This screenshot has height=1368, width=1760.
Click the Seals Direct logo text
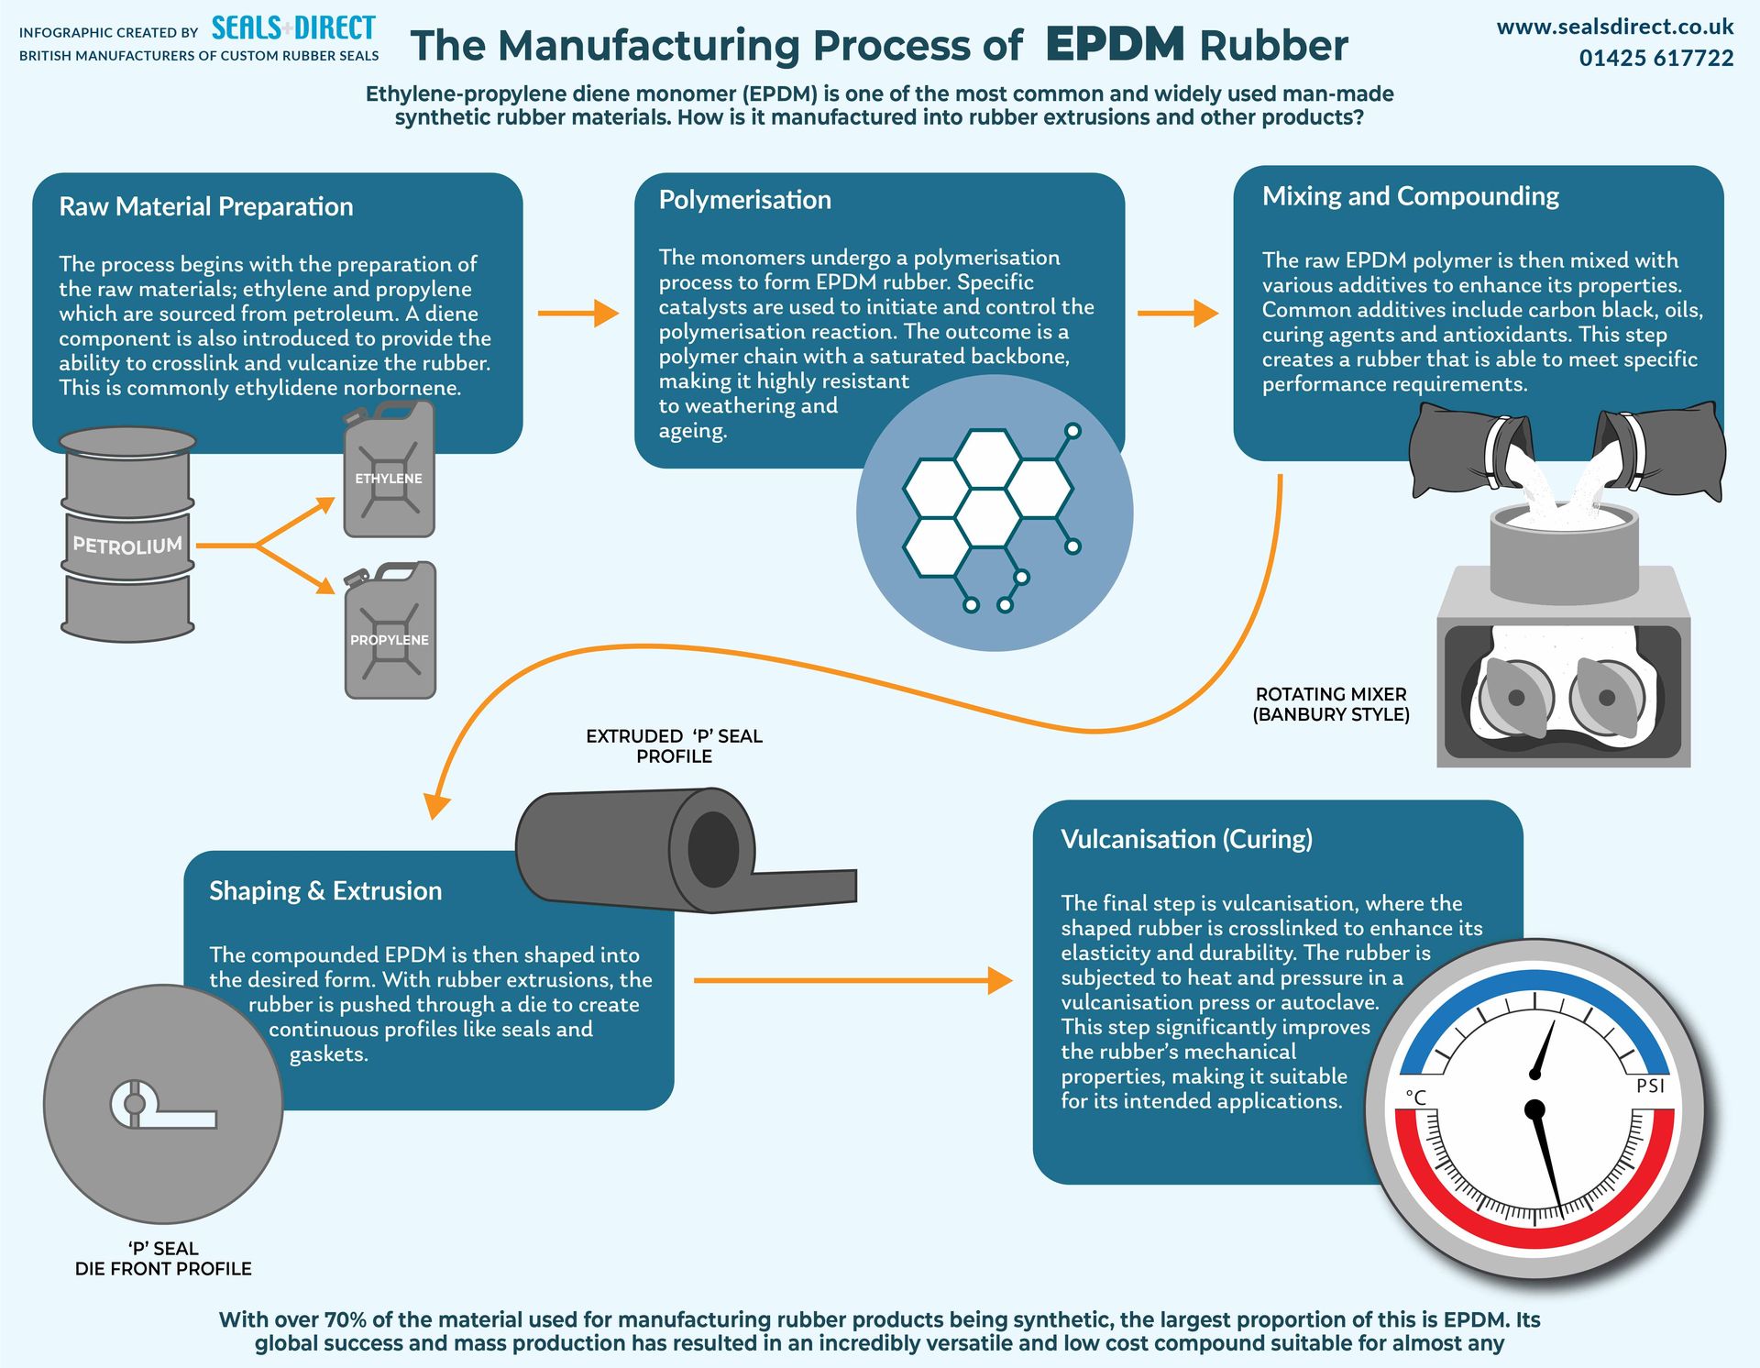(x=293, y=28)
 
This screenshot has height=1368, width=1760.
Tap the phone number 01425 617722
(x=1655, y=59)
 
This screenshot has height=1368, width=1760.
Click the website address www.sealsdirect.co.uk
(x=1614, y=28)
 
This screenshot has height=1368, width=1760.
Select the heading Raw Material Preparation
(x=206, y=207)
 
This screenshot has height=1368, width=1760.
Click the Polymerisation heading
(x=744, y=200)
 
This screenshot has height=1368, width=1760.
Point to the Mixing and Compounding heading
(x=1410, y=196)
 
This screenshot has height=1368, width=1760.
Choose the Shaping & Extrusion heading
(x=325, y=891)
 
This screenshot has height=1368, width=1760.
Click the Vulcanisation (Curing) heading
(x=1186, y=839)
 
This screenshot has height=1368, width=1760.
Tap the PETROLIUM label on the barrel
(x=127, y=546)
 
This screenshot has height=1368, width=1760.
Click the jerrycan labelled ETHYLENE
(x=389, y=472)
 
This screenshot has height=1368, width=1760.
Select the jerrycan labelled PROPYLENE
(x=390, y=633)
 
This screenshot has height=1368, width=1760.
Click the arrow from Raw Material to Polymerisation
(x=577, y=314)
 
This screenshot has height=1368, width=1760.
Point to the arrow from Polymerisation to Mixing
(x=1177, y=314)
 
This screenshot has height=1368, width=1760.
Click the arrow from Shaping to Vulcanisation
(x=852, y=980)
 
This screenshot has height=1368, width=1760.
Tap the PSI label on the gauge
(x=1650, y=1086)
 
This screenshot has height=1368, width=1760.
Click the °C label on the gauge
(x=1416, y=1098)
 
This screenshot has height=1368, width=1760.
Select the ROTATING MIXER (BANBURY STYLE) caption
(x=1331, y=704)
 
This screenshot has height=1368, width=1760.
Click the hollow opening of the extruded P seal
(x=713, y=849)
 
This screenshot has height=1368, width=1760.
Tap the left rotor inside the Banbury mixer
(x=1514, y=698)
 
